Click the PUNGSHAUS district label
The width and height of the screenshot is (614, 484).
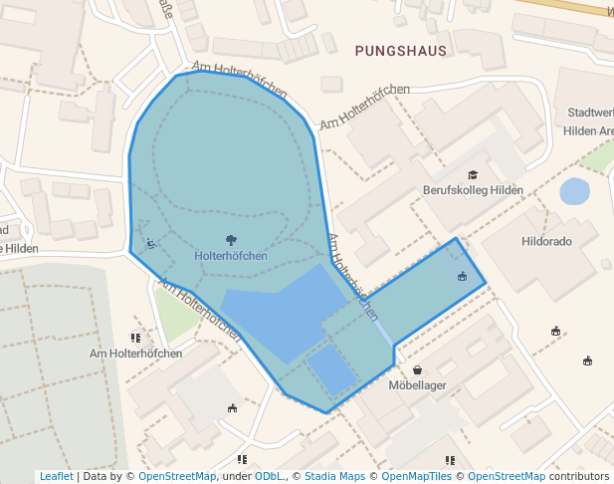tap(401, 50)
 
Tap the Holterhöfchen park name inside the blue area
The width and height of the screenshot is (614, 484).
tap(231, 256)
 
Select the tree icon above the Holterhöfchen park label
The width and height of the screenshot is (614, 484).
tap(231, 240)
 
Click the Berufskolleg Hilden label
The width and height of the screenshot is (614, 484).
tap(473, 190)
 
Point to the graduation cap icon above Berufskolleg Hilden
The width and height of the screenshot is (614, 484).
tap(473, 175)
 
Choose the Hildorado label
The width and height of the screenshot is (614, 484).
tap(546, 241)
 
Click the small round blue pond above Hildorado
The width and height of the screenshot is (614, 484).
tap(574, 191)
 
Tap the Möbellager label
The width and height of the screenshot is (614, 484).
tap(417, 385)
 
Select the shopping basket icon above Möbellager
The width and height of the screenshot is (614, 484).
tap(417, 370)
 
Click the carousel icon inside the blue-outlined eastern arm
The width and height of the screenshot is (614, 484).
tap(462, 276)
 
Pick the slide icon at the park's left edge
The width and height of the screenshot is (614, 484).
tap(150, 242)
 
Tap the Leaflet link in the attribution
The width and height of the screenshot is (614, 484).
tap(56, 476)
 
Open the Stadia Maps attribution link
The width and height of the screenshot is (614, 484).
tap(334, 476)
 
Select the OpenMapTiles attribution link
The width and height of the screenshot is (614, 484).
tap(416, 476)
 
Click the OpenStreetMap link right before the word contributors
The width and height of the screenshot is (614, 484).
tap(507, 476)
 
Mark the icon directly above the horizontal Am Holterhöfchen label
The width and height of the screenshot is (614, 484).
tap(135, 339)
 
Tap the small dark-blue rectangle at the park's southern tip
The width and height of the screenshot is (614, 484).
tap(331, 369)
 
